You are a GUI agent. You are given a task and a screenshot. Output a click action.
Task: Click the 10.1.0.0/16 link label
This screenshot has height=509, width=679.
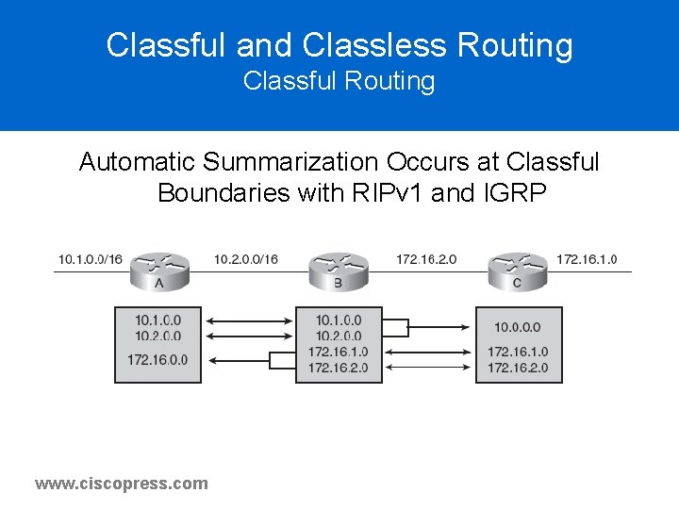point(91,259)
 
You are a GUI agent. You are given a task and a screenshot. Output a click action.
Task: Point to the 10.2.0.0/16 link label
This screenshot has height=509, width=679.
point(246,259)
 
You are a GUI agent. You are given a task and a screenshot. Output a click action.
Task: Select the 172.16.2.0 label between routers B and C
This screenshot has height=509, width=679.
point(427,259)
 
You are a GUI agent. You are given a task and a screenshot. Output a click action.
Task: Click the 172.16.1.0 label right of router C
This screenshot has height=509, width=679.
point(587,259)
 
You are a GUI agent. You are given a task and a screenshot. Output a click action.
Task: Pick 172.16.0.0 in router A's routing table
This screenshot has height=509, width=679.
point(157,359)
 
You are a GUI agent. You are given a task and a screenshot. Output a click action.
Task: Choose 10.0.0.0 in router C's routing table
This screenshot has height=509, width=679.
point(518,328)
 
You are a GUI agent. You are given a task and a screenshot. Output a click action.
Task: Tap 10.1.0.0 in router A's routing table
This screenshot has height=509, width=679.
point(157,320)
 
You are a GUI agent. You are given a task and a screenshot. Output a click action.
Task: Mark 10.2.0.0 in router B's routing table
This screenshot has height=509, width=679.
point(338,336)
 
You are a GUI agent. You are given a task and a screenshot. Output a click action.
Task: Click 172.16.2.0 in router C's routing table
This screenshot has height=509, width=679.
point(518,367)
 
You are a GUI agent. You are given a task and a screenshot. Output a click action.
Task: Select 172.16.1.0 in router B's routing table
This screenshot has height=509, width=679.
point(338,352)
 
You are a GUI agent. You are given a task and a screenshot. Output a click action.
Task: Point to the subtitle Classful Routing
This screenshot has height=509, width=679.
point(339,82)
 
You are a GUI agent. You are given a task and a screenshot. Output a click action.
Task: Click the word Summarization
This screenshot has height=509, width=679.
point(302,162)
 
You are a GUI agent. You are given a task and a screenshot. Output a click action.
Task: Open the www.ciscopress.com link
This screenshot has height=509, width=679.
point(122,484)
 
